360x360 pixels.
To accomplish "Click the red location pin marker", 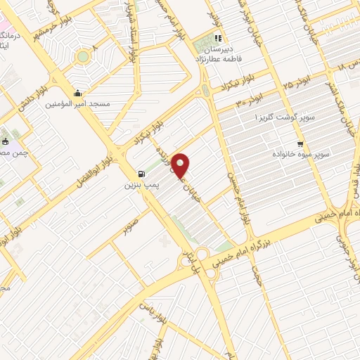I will (181, 165).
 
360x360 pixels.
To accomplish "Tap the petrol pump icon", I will (143, 174).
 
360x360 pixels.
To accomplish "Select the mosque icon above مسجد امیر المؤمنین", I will (77, 93).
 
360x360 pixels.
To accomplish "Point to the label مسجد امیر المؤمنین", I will (77, 104).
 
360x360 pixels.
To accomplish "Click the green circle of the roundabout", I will (83, 56).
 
